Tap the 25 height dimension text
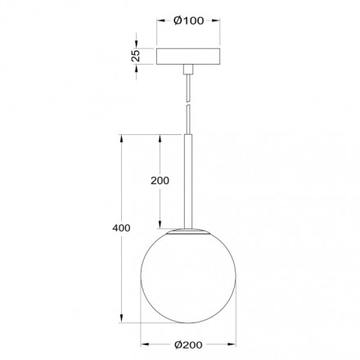(137, 56)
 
